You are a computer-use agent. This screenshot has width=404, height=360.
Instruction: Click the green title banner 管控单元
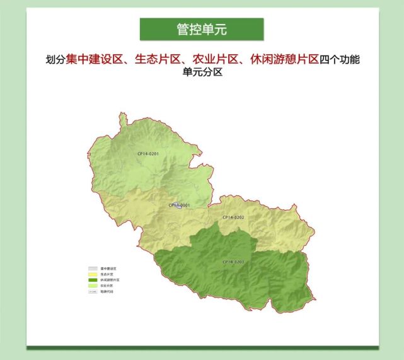pos(202,29)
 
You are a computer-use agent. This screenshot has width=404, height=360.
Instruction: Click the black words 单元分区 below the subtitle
pos(202,73)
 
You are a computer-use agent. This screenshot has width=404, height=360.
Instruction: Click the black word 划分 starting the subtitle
pos(55,61)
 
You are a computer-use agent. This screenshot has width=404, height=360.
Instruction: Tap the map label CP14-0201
pos(149,154)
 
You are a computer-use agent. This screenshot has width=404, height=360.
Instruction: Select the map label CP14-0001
pos(179,205)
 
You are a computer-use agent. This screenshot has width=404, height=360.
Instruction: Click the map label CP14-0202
pos(233,218)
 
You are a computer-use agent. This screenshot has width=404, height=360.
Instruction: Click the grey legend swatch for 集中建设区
pos(93,269)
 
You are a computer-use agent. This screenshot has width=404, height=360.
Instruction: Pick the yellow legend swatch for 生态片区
pos(93,274)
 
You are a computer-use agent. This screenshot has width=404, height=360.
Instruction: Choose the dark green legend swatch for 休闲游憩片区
pos(93,280)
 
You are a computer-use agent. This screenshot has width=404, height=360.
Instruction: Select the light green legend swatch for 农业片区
pos(93,286)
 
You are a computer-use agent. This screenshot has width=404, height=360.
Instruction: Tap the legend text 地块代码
pos(107,291)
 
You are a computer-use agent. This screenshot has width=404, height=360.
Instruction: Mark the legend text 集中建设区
pos(108,269)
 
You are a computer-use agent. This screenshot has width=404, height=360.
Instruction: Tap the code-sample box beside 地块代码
pos(93,291)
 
